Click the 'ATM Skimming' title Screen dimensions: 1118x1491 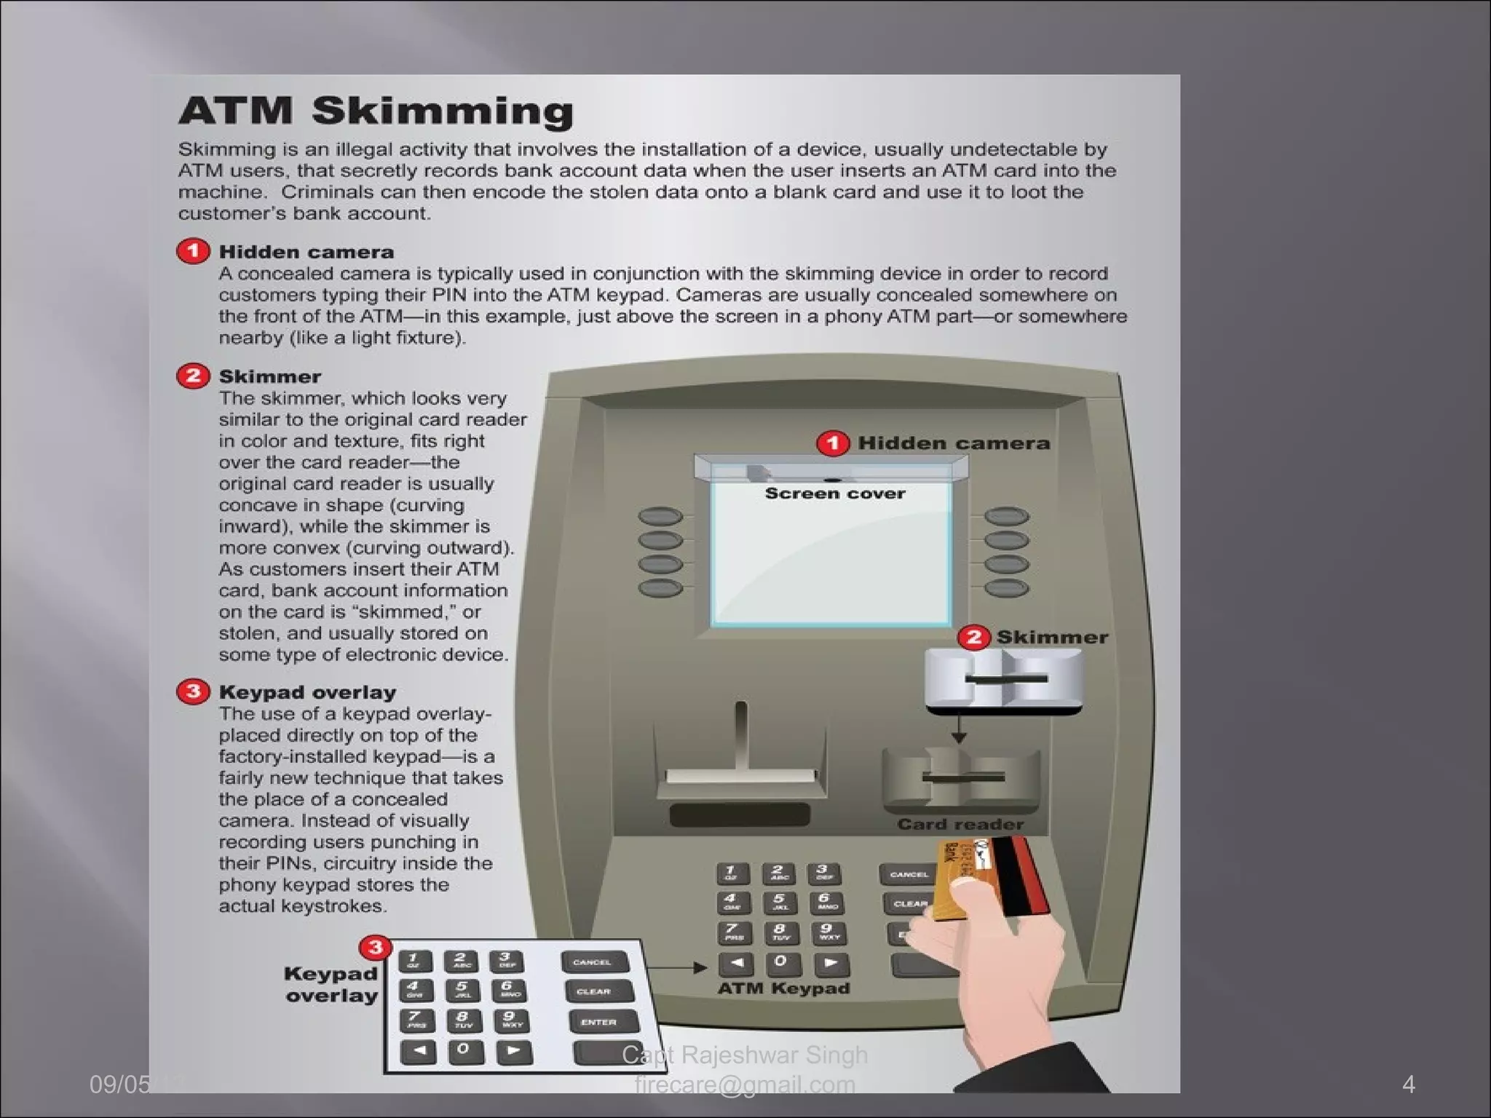376,111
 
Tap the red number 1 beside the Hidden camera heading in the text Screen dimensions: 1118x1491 193,252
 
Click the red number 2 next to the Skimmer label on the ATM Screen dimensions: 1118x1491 973,638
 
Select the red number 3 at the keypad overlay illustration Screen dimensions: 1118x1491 376,948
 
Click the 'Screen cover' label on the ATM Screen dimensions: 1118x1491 835,493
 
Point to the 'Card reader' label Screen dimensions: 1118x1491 960,824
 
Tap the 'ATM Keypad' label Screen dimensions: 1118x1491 783,988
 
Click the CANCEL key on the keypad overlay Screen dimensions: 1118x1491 593,962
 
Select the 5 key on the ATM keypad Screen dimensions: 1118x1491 778,903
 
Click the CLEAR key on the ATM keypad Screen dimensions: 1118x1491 909,904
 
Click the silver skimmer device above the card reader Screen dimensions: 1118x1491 1003,680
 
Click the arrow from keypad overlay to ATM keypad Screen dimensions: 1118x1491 677,968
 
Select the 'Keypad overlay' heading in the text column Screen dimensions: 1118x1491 307,692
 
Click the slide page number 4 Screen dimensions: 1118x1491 1408,1085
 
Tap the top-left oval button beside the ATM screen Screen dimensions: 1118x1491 660,517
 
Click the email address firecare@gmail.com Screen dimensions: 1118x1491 745,1085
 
